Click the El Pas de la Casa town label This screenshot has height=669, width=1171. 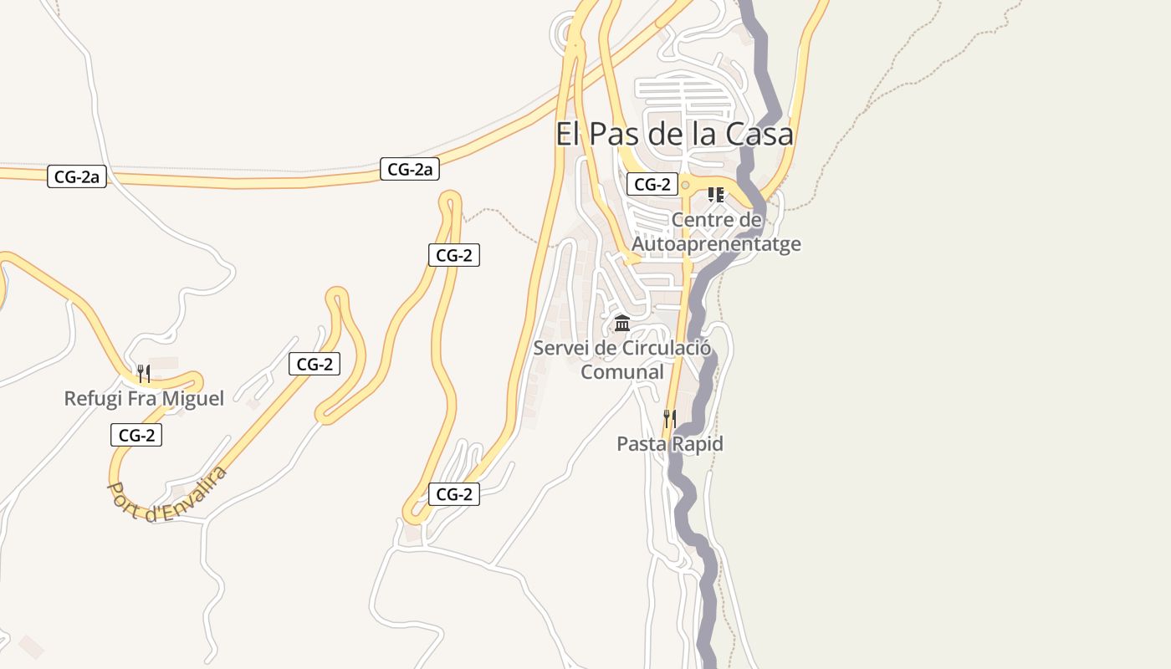674,134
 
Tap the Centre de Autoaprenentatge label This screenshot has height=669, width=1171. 716,232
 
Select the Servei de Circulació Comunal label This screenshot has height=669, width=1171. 622,360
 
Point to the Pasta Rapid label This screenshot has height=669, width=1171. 669,444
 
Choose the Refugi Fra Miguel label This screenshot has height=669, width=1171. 144,398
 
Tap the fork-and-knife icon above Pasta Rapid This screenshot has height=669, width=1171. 669,418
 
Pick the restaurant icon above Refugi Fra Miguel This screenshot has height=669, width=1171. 144,372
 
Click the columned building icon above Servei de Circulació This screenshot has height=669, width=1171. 622,323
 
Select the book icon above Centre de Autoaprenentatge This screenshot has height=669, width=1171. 716,195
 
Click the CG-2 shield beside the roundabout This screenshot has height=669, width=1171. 652,185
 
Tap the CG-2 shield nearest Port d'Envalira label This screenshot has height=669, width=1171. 136,435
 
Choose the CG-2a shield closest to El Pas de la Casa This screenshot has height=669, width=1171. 410,169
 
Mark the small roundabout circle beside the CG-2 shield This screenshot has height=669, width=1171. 686,185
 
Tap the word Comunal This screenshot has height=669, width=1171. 622,372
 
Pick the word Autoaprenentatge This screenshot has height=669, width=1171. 716,244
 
